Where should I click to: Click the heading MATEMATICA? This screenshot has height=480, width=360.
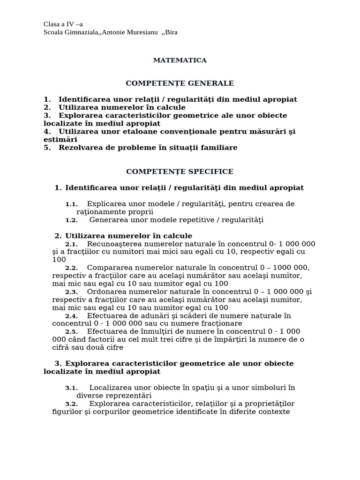click(180, 60)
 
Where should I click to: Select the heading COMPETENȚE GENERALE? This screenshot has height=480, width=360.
click(180, 83)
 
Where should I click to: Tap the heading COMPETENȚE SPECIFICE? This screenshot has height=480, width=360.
click(180, 172)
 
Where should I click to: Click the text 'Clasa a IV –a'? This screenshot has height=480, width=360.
click(63, 24)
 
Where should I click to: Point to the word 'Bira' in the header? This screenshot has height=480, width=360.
click(172, 32)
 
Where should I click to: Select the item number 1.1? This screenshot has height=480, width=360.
click(71, 204)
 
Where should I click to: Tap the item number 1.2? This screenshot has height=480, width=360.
click(71, 220)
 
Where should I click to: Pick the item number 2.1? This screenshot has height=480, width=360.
click(71, 244)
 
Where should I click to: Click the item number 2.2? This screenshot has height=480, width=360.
click(71, 268)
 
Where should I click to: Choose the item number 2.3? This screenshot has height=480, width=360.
click(71, 292)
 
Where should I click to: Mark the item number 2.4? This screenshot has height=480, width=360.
click(71, 316)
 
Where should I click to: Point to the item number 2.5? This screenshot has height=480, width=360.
click(71, 332)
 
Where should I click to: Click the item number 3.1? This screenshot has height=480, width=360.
click(71, 388)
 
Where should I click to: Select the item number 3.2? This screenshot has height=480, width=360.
click(71, 404)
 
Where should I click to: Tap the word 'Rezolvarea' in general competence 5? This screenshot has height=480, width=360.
click(80, 148)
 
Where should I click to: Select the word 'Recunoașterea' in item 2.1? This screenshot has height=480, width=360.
click(115, 244)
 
